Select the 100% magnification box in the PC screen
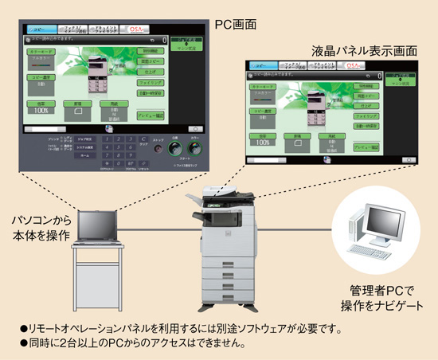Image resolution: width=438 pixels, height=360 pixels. [38, 106]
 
